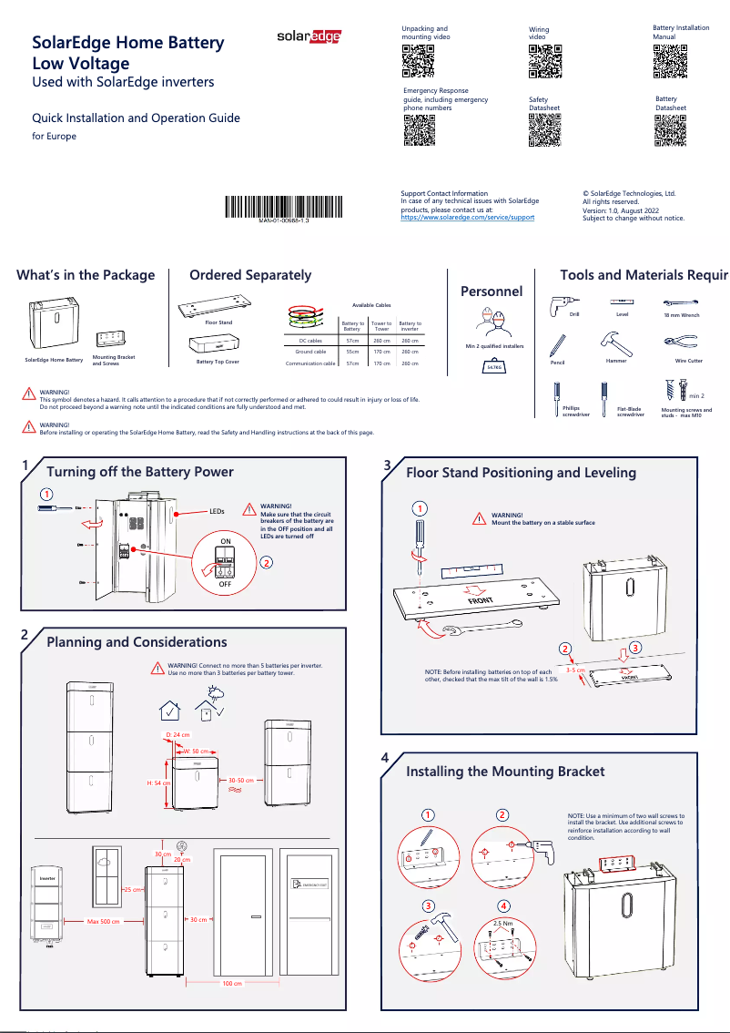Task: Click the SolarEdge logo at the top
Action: pyautogui.click(x=309, y=36)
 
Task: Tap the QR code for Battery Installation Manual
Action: pyautogui.click(x=669, y=60)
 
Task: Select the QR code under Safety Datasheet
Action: pyautogui.click(x=544, y=130)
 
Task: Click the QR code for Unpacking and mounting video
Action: pyautogui.click(x=418, y=60)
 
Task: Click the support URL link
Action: pyautogui.click(x=468, y=218)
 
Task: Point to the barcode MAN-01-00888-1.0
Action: pyautogui.click(x=284, y=207)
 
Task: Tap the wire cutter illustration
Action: pyautogui.click(x=680, y=343)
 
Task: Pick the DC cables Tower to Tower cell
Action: pyautogui.click(x=381, y=340)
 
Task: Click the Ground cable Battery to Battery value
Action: pyautogui.click(x=345, y=352)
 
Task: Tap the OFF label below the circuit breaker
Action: pyautogui.click(x=225, y=584)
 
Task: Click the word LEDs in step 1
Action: pyautogui.click(x=217, y=513)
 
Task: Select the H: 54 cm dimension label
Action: pyautogui.click(x=159, y=782)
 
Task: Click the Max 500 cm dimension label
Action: pyautogui.click(x=104, y=922)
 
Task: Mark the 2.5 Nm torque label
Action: pyautogui.click(x=502, y=923)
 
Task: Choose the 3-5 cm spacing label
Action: pyautogui.click(x=574, y=670)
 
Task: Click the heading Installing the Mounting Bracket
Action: pyautogui.click(x=504, y=772)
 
